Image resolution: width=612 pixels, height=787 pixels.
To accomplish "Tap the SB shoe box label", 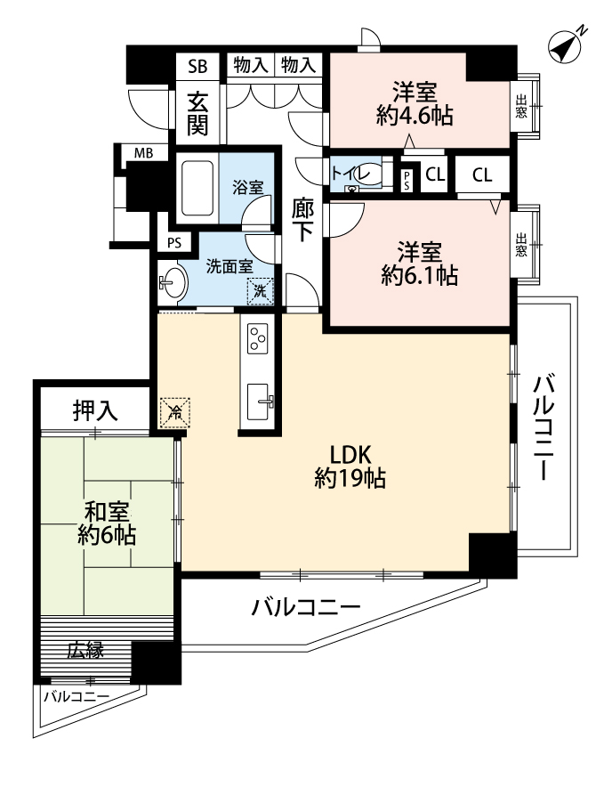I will [x=197, y=65].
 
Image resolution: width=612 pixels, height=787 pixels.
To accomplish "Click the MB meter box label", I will [x=143, y=153].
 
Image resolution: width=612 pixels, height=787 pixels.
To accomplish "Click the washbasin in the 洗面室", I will [x=173, y=283].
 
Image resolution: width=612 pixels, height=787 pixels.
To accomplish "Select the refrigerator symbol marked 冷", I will [x=174, y=412].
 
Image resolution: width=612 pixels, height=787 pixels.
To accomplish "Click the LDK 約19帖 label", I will [x=350, y=464].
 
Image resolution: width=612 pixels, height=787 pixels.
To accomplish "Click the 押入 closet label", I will [x=95, y=410].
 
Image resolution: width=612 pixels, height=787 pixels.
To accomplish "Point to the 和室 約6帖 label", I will [x=106, y=523].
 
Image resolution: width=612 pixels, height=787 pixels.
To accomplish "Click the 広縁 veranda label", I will [x=85, y=650].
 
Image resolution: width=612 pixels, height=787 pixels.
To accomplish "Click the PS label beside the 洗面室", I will [x=174, y=241].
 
